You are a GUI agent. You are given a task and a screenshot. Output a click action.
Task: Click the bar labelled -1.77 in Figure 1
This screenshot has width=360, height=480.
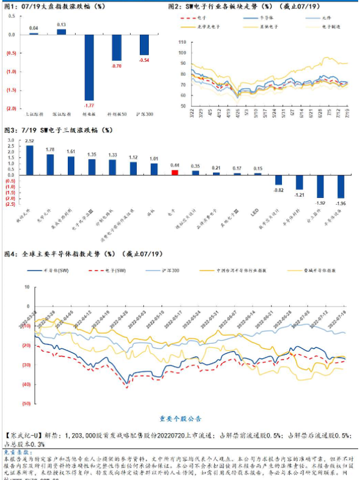point(89,67)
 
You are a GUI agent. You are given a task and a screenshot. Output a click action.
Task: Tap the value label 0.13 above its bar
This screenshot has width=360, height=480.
point(61,25)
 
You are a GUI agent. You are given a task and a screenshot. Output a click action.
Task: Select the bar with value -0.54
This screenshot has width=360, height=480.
point(144,45)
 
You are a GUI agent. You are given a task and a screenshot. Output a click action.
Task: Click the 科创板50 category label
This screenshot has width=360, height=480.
point(116,113)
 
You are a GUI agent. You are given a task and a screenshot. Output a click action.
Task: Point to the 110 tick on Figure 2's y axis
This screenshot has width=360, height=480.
point(182,43)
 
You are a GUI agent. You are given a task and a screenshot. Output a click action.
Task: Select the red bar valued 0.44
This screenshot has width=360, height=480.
point(175,172)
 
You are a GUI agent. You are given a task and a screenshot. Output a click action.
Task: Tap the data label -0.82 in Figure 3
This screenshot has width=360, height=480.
point(278,190)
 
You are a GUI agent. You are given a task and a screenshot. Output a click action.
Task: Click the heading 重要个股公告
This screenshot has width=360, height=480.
point(181,418)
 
